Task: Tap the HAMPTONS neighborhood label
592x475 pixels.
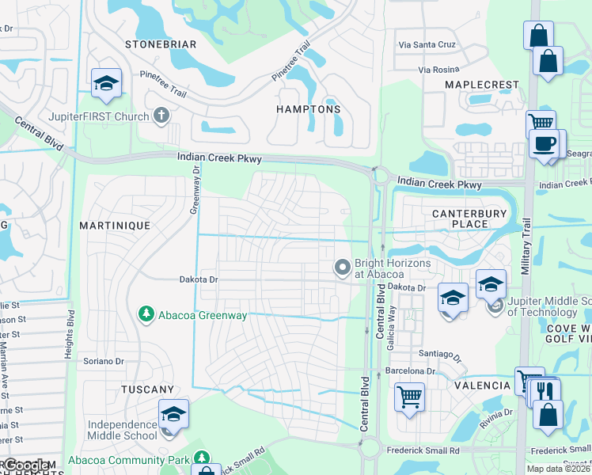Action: pyautogui.click(x=309, y=109)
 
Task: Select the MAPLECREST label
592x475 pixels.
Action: pyautogui.click(x=481, y=85)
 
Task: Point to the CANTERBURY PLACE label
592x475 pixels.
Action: pyautogui.click(x=460, y=218)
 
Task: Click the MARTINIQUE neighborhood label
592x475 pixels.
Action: pyautogui.click(x=115, y=226)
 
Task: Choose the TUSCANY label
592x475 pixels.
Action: pyautogui.click(x=147, y=389)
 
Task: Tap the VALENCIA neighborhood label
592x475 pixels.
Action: pyautogui.click(x=482, y=386)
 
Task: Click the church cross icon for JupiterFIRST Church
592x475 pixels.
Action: pyautogui.click(x=161, y=116)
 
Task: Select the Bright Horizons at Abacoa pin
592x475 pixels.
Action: pyautogui.click(x=343, y=268)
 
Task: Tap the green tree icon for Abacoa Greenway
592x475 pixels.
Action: pyautogui.click(x=146, y=315)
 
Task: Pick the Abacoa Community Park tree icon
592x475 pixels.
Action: pyautogui.click(x=203, y=459)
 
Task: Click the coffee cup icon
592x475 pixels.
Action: pyautogui.click(x=545, y=144)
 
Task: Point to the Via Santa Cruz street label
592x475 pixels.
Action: pyautogui.click(x=427, y=45)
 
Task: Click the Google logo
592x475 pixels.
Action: pyautogui.click(x=27, y=465)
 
